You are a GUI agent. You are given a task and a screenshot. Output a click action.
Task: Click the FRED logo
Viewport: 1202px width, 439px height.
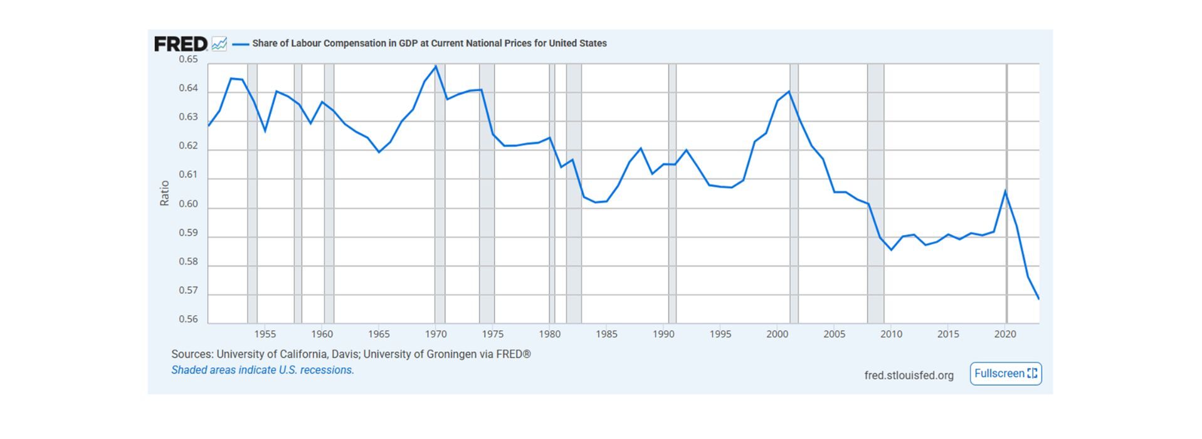click(x=181, y=44)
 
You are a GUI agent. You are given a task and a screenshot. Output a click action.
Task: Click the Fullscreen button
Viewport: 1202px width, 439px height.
click(x=1005, y=374)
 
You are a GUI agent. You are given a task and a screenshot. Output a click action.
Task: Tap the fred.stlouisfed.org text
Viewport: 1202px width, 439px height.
click(x=909, y=375)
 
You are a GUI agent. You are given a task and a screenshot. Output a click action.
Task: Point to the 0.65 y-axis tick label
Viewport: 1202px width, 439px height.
click(x=188, y=60)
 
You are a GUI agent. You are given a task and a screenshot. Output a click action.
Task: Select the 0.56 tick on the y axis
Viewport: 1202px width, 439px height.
click(x=188, y=319)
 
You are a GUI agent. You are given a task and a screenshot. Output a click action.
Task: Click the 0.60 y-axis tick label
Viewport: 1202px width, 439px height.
click(x=188, y=204)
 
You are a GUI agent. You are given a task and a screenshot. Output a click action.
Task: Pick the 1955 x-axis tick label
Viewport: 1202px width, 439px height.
click(x=265, y=334)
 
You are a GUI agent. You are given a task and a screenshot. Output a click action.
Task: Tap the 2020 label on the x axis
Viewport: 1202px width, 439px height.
click(x=1005, y=334)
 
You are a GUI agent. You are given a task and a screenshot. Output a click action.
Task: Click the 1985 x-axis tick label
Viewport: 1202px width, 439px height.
click(x=606, y=334)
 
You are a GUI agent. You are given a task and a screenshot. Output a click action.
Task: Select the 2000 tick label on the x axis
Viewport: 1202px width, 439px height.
click(x=777, y=334)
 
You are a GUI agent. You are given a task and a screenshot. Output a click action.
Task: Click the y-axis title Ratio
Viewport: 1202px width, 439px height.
click(x=164, y=193)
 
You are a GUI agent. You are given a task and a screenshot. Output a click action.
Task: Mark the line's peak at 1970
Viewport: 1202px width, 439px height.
click(x=436, y=66)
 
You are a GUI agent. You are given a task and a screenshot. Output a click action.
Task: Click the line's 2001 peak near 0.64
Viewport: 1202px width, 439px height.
click(x=789, y=92)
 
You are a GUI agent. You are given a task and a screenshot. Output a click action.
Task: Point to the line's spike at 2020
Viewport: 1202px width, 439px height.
click(x=1005, y=191)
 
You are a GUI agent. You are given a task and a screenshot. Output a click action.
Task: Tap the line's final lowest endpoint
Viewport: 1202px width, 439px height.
click(x=1039, y=299)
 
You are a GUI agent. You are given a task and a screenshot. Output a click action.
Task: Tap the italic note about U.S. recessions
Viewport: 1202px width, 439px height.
click(x=263, y=370)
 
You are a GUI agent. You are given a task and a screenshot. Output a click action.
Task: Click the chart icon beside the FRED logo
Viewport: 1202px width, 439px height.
click(x=219, y=44)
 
